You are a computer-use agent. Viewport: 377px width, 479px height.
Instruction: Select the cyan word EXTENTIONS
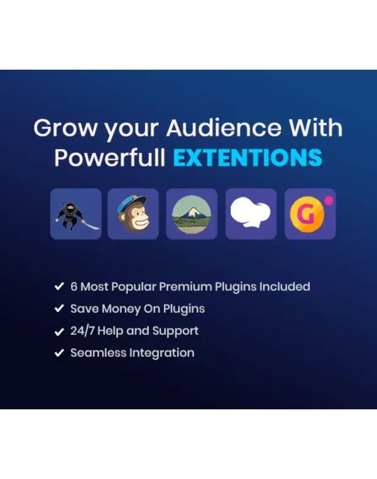[248, 157]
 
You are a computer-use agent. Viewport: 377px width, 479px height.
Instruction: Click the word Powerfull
[110, 157]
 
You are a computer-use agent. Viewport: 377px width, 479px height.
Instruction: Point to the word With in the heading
[316, 128]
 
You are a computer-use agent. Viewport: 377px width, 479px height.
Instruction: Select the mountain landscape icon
[192, 214]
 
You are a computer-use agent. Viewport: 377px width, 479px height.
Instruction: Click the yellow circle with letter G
[307, 214]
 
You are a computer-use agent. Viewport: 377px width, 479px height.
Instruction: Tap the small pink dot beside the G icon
[329, 201]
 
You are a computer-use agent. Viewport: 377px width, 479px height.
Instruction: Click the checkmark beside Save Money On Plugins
[59, 309]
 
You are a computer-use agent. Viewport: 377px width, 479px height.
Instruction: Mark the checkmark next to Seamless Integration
[59, 353]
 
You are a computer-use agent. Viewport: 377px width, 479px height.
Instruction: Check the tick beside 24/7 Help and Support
[59, 331]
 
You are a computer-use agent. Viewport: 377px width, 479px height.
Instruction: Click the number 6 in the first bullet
[74, 287]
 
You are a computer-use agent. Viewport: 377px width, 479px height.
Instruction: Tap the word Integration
[162, 353]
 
